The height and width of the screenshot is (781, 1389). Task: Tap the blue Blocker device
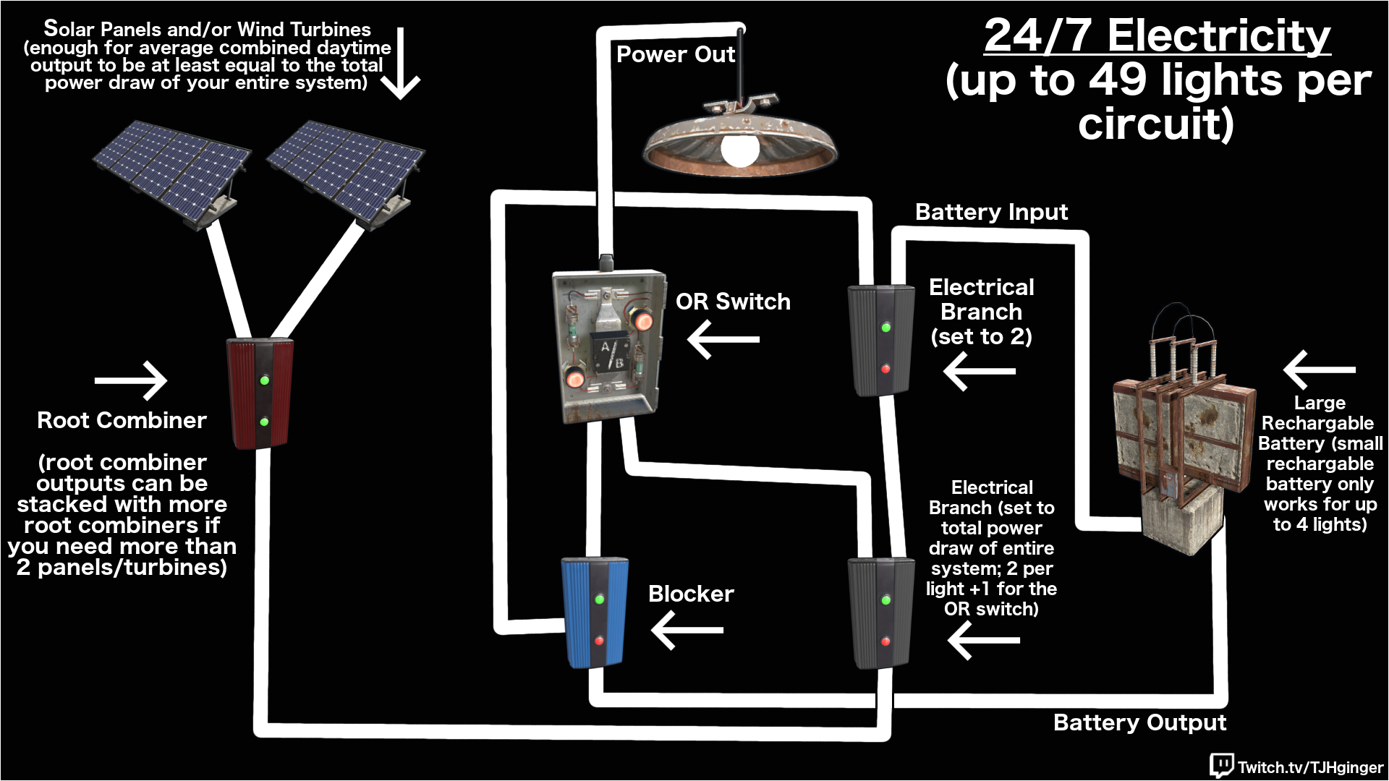(595, 612)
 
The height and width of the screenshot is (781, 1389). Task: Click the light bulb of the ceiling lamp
(740, 148)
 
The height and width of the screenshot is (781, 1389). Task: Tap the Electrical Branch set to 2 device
(880, 340)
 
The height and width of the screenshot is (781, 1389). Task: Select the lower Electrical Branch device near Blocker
(880, 612)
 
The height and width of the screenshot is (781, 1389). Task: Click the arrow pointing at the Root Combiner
(131, 380)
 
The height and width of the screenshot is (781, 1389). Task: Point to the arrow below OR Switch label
(723, 339)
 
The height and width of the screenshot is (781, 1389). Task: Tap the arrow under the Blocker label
(687, 630)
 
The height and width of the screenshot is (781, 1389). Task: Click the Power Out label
(675, 54)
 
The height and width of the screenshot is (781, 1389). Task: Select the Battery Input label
(990, 212)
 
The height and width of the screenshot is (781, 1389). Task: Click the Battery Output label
(1139, 722)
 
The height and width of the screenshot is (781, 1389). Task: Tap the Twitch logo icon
(1221, 765)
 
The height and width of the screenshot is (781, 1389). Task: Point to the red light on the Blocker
(599, 641)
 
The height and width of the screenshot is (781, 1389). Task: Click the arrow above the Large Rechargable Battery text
(1319, 370)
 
